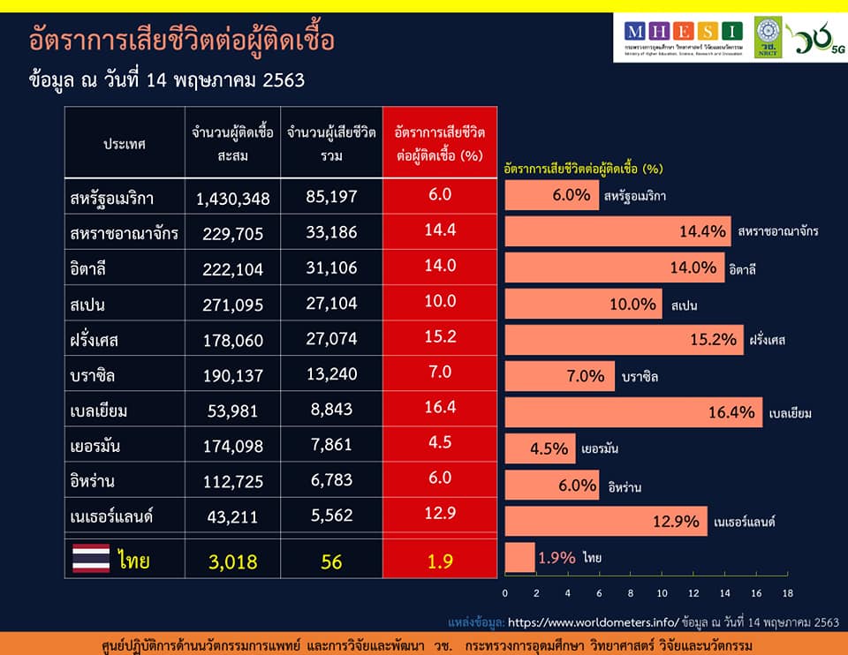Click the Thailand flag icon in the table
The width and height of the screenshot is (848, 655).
(x=91, y=559)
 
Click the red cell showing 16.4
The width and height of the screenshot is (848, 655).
(x=440, y=408)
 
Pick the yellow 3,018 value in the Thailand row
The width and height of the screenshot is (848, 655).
(x=232, y=561)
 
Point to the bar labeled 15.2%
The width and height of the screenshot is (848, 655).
(x=624, y=340)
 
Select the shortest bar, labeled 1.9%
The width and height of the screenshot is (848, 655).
(x=519, y=558)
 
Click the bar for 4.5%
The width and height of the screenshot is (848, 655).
(x=540, y=448)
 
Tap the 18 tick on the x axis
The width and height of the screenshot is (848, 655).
(x=787, y=592)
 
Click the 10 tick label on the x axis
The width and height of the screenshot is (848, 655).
(x=662, y=592)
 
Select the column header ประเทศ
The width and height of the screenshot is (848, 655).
(x=125, y=143)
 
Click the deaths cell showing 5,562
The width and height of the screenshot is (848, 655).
(x=331, y=517)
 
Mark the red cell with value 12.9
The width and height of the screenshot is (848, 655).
(x=440, y=514)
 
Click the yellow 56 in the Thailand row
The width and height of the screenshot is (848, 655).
(x=331, y=561)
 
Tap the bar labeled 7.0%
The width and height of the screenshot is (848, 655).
(x=559, y=376)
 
